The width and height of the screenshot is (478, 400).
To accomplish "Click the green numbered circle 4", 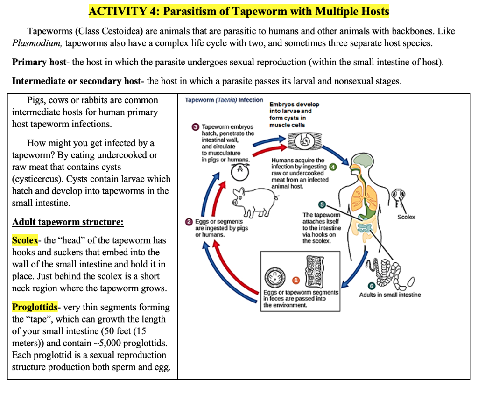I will pos(332,167).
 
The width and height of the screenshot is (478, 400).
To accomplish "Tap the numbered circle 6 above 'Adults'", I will pos(372,286).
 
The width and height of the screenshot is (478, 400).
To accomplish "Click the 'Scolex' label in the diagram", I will pos(406,217).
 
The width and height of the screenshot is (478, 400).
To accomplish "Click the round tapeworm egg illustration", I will pos(273,278).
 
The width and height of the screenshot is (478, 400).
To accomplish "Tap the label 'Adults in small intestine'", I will pos(390,295).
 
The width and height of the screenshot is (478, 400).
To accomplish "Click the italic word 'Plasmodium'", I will pos(37,43).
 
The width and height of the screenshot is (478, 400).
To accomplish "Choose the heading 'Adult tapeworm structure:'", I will pos(68,222).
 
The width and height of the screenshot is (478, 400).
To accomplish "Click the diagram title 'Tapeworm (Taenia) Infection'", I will pos(224,100).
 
